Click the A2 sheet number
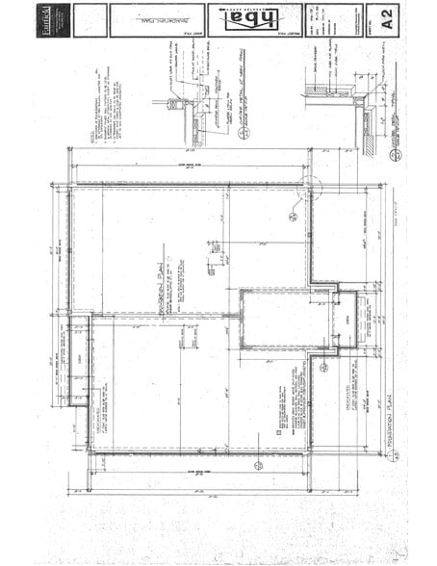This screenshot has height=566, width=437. [x=388, y=20]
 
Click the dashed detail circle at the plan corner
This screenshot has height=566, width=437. [x=311, y=188]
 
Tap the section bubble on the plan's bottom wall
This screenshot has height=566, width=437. [x=258, y=465]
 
